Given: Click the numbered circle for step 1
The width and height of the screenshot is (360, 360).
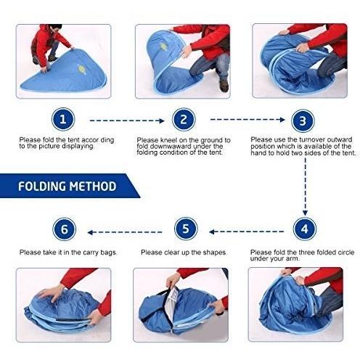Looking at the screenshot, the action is [x=63, y=119].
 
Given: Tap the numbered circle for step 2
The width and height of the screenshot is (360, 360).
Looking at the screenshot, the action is [x=184, y=120].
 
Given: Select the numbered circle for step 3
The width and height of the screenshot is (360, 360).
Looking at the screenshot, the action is [x=303, y=120].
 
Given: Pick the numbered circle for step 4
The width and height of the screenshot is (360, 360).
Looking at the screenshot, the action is [x=305, y=229].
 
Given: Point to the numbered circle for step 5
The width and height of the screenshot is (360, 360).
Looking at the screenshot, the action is [x=186, y=229].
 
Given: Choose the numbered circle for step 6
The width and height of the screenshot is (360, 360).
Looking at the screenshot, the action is [x=64, y=229].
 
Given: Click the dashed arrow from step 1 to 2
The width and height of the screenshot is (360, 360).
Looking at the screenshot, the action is [x=127, y=120].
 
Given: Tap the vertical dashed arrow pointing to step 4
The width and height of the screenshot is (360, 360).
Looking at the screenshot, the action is [x=305, y=187].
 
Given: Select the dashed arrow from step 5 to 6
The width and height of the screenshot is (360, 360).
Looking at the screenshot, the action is [x=125, y=232].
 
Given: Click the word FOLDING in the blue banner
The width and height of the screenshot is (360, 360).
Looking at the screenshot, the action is [x=42, y=187].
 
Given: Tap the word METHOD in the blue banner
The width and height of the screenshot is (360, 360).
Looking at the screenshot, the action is [x=93, y=187].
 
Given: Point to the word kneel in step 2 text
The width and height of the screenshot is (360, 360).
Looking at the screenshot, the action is [x=168, y=140].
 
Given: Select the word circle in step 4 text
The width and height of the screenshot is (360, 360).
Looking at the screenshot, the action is [x=346, y=253].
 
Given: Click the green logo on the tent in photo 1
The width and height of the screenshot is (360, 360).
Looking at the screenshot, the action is [x=81, y=69].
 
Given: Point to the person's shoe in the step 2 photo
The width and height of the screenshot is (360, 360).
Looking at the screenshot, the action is [x=224, y=86].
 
